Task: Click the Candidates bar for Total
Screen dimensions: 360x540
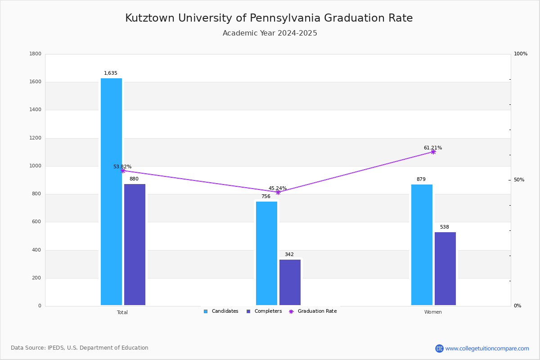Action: click(111, 192)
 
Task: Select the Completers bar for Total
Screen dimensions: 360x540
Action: click(135, 244)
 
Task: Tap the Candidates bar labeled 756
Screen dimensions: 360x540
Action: click(266, 253)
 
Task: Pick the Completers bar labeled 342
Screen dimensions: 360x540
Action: click(290, 282)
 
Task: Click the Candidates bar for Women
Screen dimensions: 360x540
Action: click(422, 244)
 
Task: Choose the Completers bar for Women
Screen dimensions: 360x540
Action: click(445, 269)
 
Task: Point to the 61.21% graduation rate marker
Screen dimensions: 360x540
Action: click(433, 152)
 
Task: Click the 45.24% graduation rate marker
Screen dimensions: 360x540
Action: click(278, 192)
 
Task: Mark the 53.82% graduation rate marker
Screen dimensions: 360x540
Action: click(122, 171)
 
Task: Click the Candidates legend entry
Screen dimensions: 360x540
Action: click(221, 311)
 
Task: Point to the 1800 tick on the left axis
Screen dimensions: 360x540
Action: click(36, 54)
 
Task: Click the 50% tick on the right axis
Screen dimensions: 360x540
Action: click(519, 180)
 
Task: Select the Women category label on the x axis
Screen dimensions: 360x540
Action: click(433, 312)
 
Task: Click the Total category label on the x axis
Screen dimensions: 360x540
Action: click(122, 312)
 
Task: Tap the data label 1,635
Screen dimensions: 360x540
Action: click(111, 73)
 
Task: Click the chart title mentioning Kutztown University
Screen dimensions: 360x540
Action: click(269, 18)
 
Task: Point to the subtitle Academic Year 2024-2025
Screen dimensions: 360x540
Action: click(270, 33)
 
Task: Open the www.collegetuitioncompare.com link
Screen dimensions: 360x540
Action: click(487, 348)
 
